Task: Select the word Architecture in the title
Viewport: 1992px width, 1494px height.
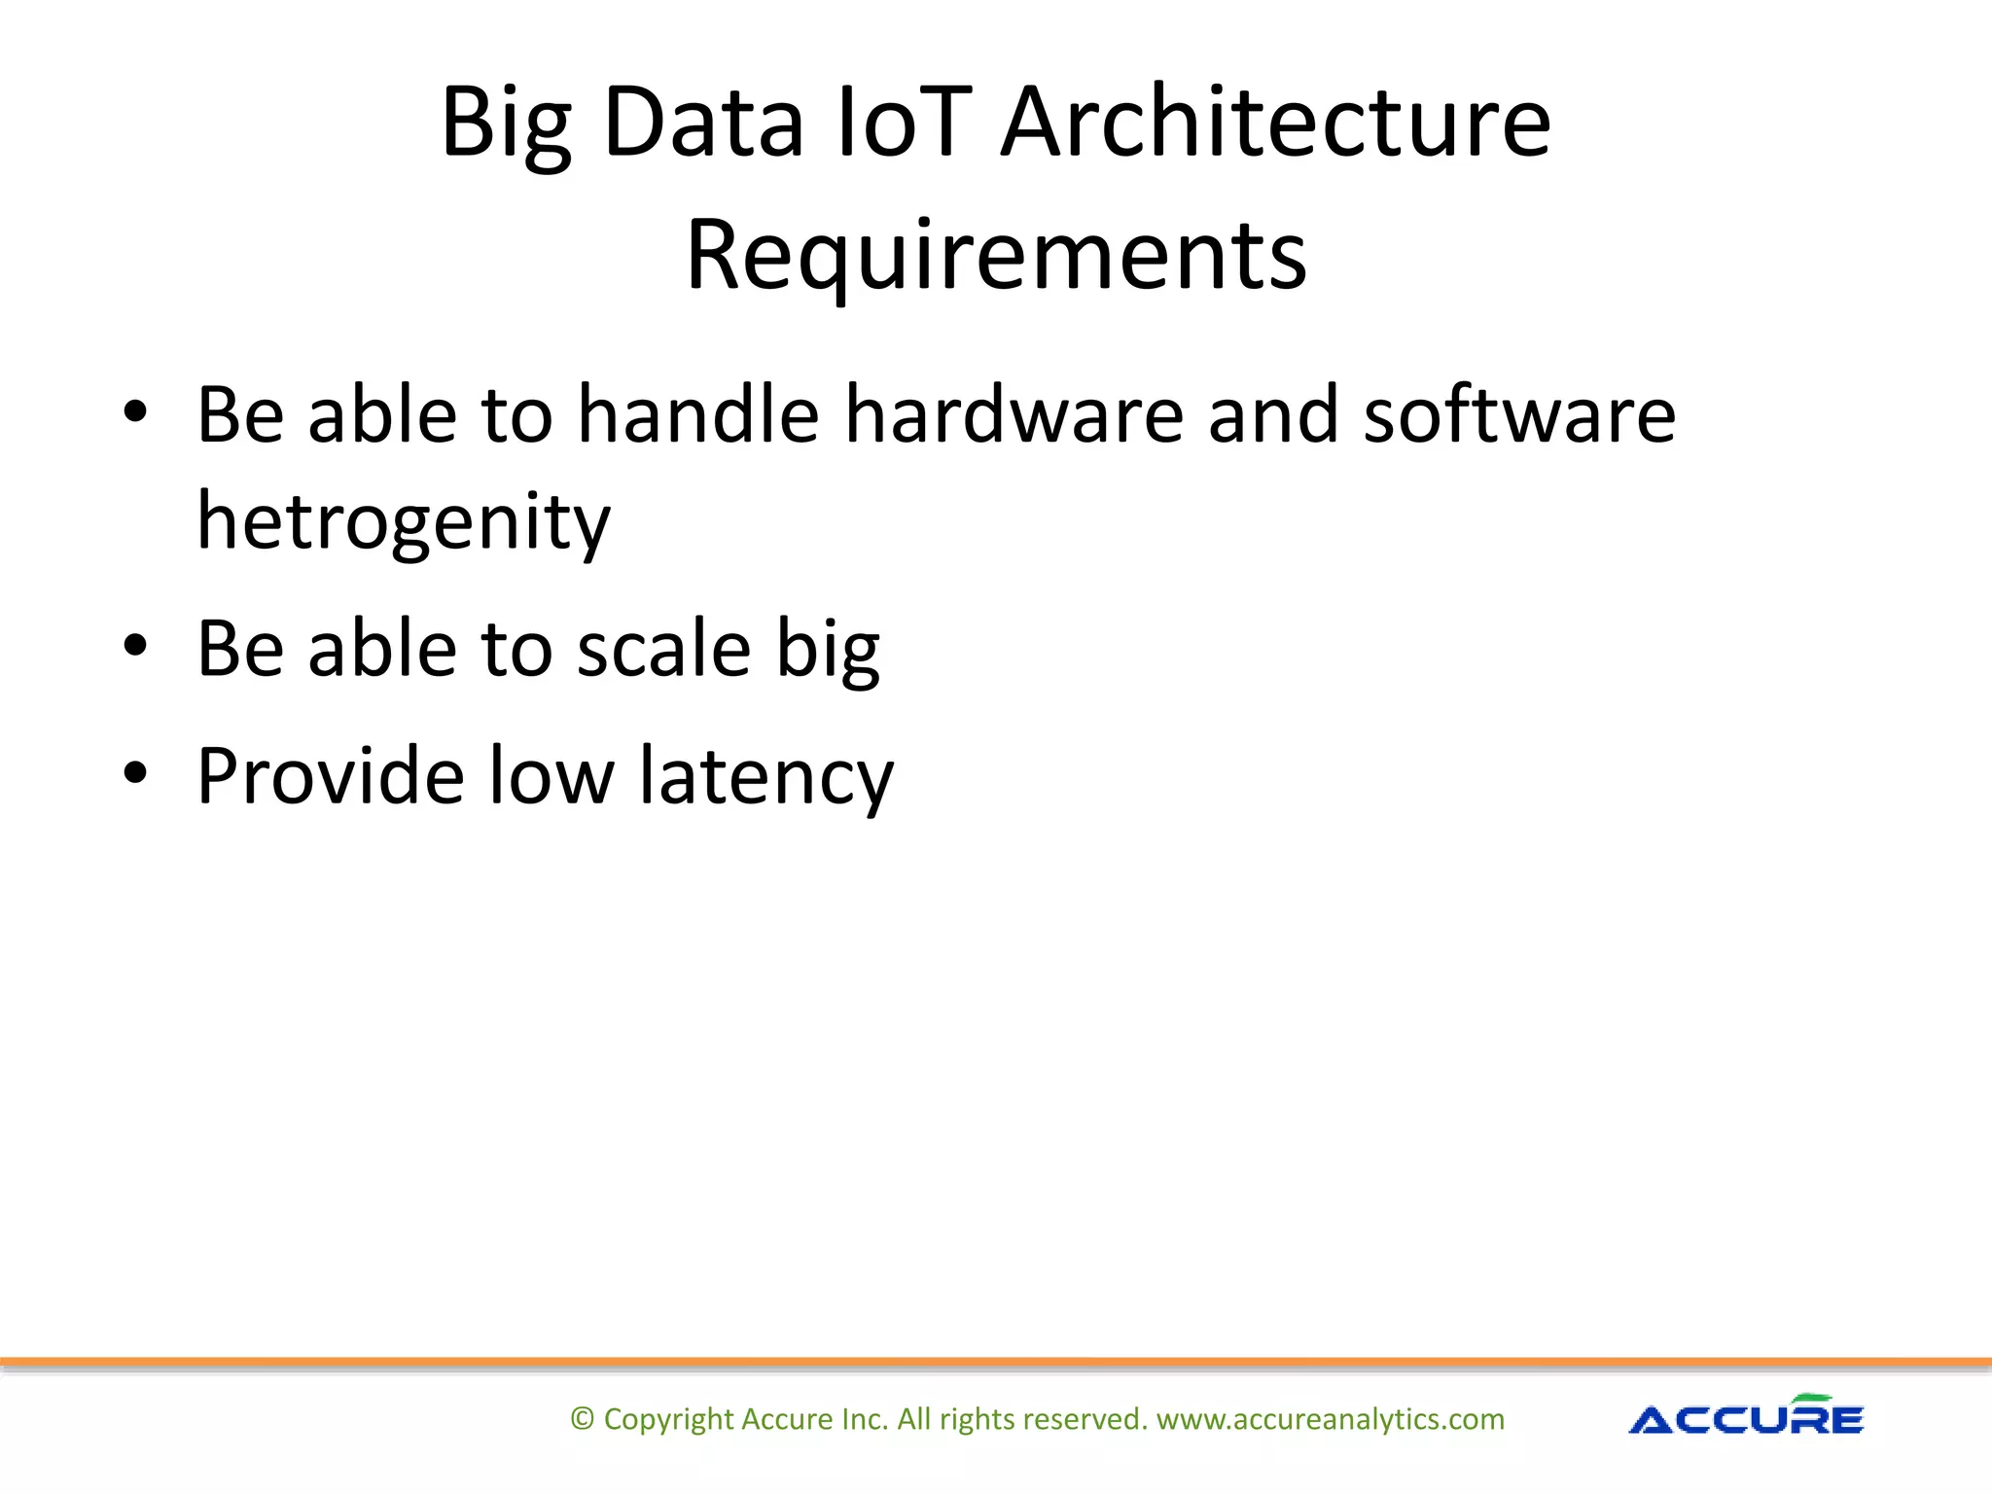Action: (x=1275, y=123)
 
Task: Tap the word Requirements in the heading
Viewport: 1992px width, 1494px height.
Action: (x=996, y=255)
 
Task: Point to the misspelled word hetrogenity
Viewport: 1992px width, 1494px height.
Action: (x=404, y=520)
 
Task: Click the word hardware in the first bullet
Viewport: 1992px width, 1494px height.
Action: (x=1014, y=414)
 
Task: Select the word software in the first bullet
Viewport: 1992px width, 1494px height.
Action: (x=1519, y=414)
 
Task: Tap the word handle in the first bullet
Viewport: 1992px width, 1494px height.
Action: (x=698, y=414)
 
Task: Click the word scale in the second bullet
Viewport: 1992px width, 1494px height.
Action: (x=663, y=649)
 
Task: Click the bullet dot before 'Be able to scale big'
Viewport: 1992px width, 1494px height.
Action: (x=135, y=645)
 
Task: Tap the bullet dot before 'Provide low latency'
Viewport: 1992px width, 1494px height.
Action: (x=135, y=772)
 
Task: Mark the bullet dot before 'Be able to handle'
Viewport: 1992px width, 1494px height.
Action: (x=135, y=411)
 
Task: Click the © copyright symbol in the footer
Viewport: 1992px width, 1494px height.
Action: (x=582, y=1419)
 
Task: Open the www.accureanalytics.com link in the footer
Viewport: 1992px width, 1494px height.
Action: (x=1330, y=1419)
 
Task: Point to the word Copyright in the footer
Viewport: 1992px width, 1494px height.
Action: (x=668, y=1419)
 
